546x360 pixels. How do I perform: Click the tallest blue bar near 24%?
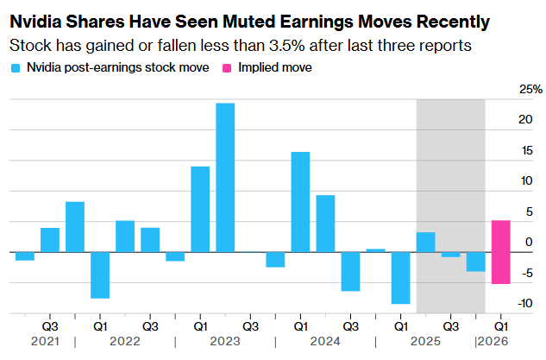(225, 177)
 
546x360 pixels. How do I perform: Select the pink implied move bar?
(500, 251)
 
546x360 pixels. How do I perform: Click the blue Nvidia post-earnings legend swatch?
(15, 66)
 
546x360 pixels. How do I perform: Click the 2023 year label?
(225, 342)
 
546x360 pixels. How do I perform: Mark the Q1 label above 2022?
(100, 327)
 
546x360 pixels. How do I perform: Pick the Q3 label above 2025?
(449, 327)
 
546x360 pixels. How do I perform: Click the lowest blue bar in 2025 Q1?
(400, 277)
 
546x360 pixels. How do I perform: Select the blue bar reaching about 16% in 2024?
(300, 201)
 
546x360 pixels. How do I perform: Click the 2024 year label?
(324, 342)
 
